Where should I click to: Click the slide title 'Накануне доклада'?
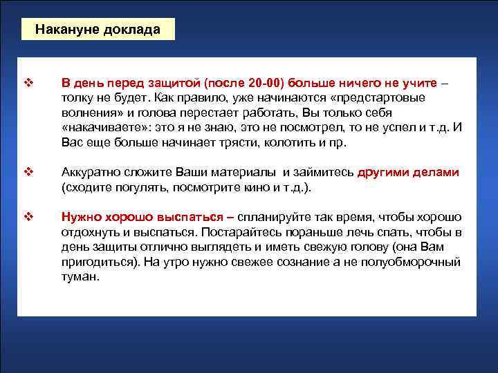98,30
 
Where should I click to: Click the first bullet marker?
29,83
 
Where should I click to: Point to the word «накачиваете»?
98,128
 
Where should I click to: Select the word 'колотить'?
264,144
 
